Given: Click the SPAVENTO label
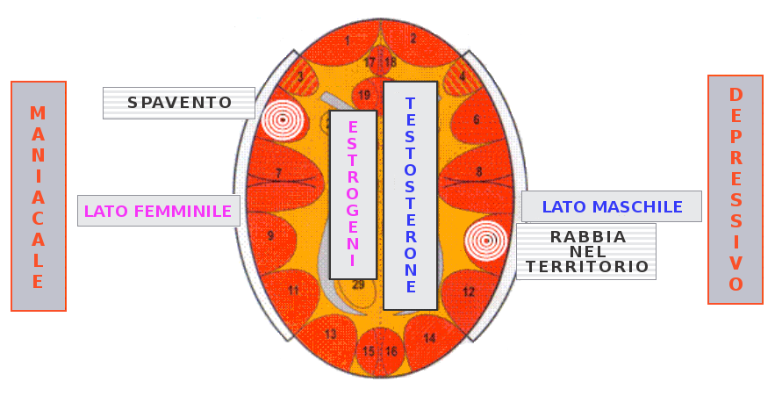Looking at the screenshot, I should [x=179, y=103].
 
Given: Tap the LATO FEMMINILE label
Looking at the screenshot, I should [x=158, y=211].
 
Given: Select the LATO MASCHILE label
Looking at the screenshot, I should [x=612, y=207].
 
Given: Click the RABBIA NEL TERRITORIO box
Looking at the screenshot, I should [x=587, y=251].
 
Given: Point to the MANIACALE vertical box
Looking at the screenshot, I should [x=39, y=197].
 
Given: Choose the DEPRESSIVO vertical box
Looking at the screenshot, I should [x=736, y=190].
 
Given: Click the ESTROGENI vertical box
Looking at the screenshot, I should [x=353, y=194].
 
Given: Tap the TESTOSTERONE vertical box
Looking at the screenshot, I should [x=410, y=195].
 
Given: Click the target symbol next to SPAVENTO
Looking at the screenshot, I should [x=283, y=119].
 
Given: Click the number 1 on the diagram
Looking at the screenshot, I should [x=348, y=40].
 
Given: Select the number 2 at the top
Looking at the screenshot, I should [x=413, y=39].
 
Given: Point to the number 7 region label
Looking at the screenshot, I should [x=278, y=173].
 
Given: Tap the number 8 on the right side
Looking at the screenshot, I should [x=479, y=171].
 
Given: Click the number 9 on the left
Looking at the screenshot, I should [x=270, y=235].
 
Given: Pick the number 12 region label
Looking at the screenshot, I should [x=469, y=292].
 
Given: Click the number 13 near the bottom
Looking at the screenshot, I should [x=330, y=335].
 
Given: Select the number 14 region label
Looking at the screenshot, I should [x=429, y=338].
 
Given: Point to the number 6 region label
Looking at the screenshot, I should [x=477, y=119].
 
